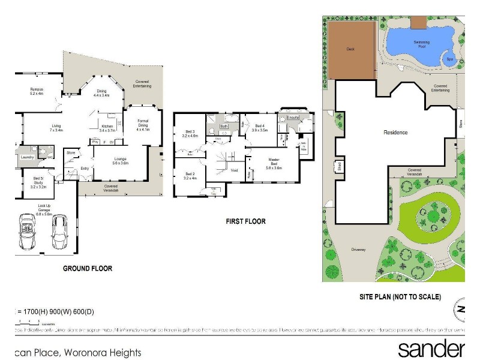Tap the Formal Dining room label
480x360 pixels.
pos(142,124)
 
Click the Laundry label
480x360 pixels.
pos(26,157)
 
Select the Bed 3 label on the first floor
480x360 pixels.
pos(190,133)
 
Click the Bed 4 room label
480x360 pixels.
pos(259,127)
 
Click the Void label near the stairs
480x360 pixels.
pos(234,170)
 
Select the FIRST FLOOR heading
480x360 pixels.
pos(245,221)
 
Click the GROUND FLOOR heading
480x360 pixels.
pos(88,268)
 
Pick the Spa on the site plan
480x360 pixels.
pos(448,59)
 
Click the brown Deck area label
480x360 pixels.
pos(351,49)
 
